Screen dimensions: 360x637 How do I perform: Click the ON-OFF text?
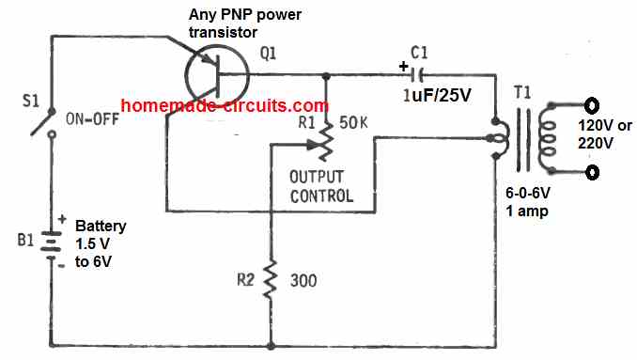point(98,118)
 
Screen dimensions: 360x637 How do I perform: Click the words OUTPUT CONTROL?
point(320,186)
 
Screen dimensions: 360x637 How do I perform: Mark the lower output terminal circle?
point(591,172)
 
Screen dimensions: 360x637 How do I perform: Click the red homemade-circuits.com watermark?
point(225,105)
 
